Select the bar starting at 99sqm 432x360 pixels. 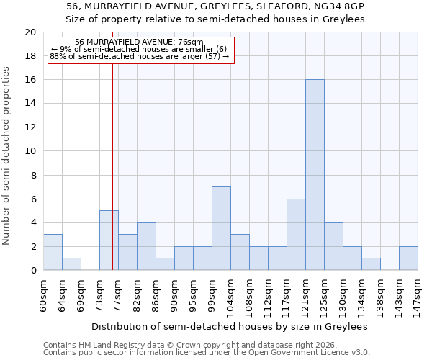[x=221, y=228]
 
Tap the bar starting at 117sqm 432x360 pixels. [x=296, y=235]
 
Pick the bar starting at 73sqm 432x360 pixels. [x=109, y=240]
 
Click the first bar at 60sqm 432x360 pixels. [x=53, y=252]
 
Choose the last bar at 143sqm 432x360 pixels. [x=408, y=258]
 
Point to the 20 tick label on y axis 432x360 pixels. [x=30, y=32]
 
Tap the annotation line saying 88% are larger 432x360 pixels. [x=140, y=55]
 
